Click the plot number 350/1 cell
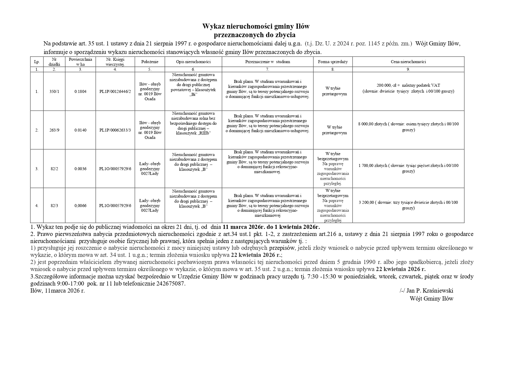coord(54,91)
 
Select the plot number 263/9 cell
coord(54,130)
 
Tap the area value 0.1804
coord(80,91)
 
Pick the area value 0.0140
coord(80,130)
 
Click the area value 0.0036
coord(80,169)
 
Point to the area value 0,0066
coord(80,206)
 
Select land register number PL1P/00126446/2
coord(115,91)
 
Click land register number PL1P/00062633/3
coord(115,130)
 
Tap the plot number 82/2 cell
coord(54,169)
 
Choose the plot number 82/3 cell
coord(54,206)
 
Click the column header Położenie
coord(150,62)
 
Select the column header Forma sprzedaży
coord(333,62)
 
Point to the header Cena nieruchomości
coord(408,62)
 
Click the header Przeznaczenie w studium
coord(267,62)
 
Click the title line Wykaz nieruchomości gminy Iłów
coord(256,27)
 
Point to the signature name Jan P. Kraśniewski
coord(430,290)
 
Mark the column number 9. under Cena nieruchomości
coord(408,70)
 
